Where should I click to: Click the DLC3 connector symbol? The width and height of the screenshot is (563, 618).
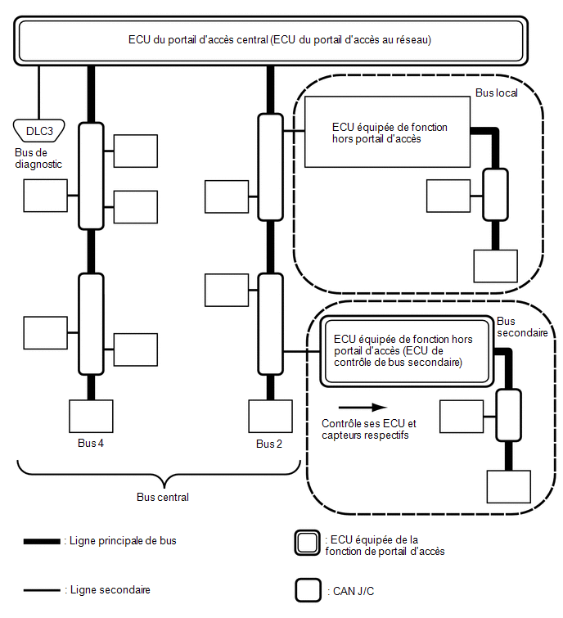pos(38,130)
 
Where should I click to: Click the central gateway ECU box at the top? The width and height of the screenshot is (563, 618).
pos(271,41)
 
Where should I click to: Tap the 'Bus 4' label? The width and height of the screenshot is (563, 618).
pos(91,443)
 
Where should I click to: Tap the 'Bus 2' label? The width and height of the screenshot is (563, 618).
pos(269,444)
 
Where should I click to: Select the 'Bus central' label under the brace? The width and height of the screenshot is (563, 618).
pos(163,497)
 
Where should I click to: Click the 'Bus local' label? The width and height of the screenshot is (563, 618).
pos(497,92)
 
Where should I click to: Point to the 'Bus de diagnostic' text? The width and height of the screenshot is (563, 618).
pos(38,158)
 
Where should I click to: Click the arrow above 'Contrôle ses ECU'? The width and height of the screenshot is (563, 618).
pos(363,407)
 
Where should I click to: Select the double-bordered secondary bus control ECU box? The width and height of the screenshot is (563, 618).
pos(407,351)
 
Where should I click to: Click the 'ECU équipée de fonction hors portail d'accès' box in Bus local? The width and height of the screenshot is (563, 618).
pos(387,132)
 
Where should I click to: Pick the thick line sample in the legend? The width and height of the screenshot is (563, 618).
pos(42,541)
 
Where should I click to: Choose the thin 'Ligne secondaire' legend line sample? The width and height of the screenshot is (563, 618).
pos(42,590)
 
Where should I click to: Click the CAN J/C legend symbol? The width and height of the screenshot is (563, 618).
pos(308,590)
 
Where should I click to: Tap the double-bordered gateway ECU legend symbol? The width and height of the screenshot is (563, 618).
pos(308,543)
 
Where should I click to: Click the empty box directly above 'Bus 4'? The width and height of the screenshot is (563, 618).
pos(91,416)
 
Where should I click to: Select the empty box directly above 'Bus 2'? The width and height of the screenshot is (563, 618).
pos(270,416)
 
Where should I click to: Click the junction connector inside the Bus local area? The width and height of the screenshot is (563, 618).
pos(496,194)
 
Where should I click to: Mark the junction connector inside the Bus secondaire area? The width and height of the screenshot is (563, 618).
pos(509,415)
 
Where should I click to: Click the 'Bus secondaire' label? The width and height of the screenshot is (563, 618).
pos(522,327)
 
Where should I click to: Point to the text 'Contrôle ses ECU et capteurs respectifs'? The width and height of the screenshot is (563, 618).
pos(369,429)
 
